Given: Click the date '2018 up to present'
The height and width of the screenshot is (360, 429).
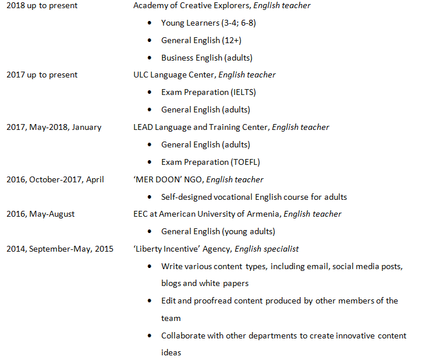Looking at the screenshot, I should click(x=41, y=6).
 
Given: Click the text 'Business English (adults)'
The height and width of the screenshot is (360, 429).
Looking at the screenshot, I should click(x=207, y=58).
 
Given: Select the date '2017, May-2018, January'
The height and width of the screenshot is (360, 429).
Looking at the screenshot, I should click(x=54, y=128).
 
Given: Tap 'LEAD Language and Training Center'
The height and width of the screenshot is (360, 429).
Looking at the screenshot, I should click(x=200, y=128).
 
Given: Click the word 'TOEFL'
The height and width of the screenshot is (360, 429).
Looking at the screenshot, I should click(x=244, y=162).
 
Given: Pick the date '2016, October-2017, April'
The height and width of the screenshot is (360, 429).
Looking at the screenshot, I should click(x=55, y=179).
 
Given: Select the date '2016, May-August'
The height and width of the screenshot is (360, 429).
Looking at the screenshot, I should click(x=40, y=214).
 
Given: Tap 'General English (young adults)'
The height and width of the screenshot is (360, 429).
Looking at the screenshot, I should click(x=218, y=231).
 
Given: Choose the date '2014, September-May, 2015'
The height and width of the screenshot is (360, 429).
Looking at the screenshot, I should click(x=60, y=249).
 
